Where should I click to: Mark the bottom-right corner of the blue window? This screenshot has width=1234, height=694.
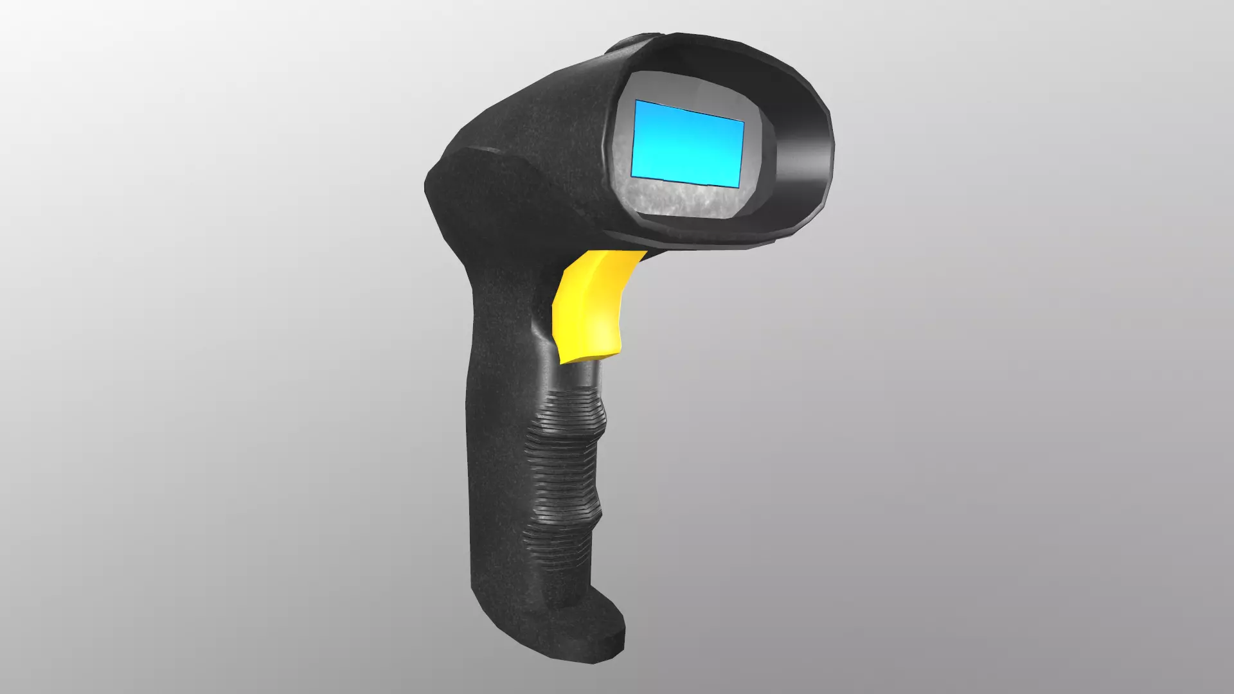pyautogui.click(x=738, y=188)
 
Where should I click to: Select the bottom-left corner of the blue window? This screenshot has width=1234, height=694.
pyautogui.click(x=632, y=177)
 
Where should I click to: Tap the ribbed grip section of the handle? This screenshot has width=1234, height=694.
pyautogui.click(x=566, y=463)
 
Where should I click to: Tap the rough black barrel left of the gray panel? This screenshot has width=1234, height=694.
pyautogui.click(x=546, y=141)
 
